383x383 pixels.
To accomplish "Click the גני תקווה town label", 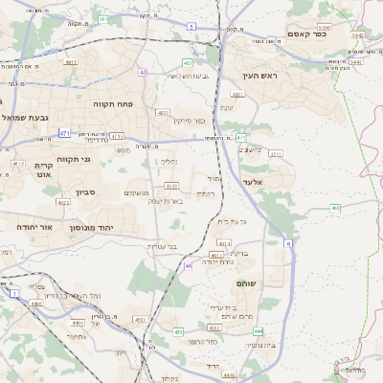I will pyautogui.click(x=73, y=159).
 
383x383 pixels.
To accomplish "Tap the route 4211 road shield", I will pyautogui.click(x=277, y=153).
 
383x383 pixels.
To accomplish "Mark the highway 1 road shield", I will pyautogui.click(x=13, y=292).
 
